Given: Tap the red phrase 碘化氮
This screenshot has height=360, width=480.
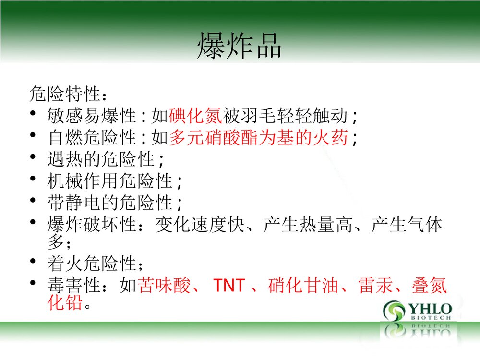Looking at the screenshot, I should [195, 115].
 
